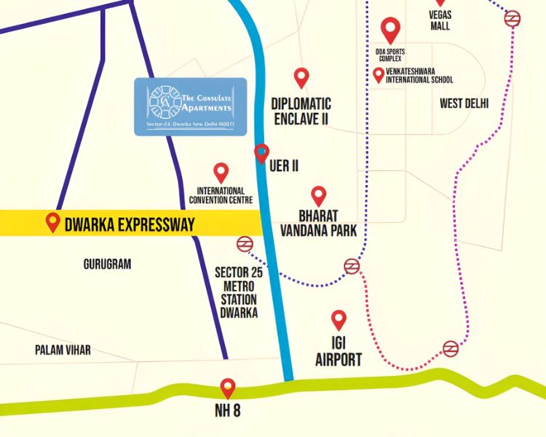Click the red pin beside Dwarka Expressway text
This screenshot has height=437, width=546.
coord(52,222)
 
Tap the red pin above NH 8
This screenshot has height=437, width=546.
coord(228,387)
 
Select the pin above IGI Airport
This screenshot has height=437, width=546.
coord(339,320)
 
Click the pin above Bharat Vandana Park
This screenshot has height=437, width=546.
coord(319,195)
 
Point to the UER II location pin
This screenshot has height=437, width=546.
coord(261,154)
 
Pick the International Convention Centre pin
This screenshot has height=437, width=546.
coord(221,173)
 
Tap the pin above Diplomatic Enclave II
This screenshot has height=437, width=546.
coord(301,77)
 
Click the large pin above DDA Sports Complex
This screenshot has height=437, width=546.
coord(391,30)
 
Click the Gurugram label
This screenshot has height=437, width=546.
coord(107,264)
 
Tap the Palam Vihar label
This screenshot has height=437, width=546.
coord(63,350)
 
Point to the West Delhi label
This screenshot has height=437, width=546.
coord(464,103)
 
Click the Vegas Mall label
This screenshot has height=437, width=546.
coord(440,20)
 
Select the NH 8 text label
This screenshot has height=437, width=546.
coord(227,411)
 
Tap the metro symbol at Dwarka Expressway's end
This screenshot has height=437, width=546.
coord(245,244)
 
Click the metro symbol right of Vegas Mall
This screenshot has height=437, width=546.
coord(513,18)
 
